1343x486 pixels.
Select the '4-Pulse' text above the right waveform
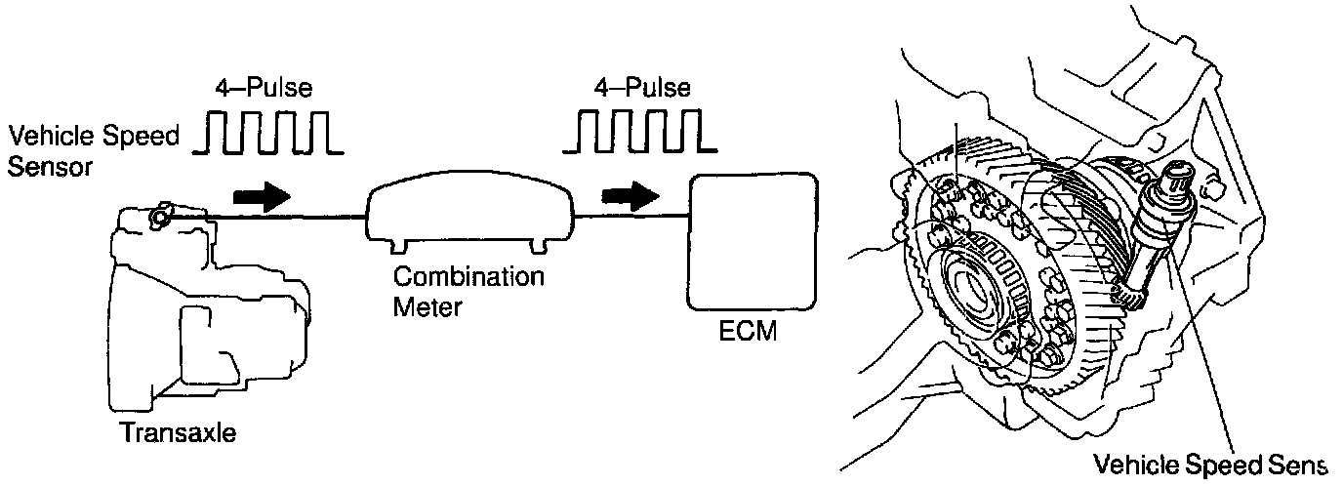[x=641, y=88]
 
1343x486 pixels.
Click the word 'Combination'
[x=468, y=276]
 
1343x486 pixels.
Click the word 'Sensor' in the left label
[x=50, y=166]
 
